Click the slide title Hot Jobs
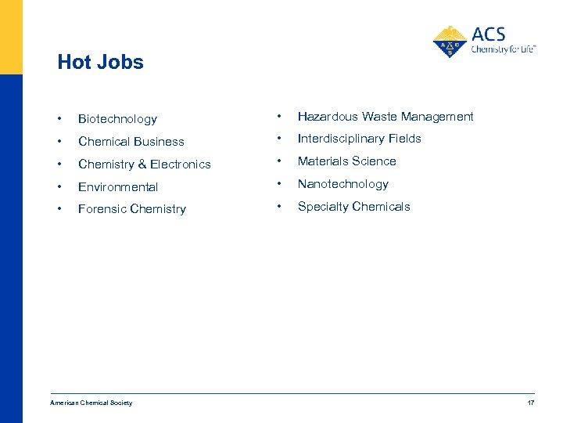[100, 63]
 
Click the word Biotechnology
[117, 119]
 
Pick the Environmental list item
[118, 187]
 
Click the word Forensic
[102, 209]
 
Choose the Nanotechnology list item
[342, 184]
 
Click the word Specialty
[322, 207]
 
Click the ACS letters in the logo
[489, 34]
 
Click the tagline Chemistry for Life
[502, 49]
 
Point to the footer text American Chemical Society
[91, 403]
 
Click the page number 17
[531, 403]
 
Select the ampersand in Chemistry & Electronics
[142, 164]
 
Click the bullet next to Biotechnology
[59, 119]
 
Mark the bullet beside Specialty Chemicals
[279, 207]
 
